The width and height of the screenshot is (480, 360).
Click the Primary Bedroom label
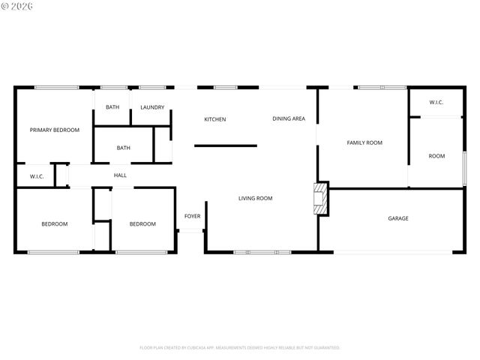pyautogui.click(x=54, y=130)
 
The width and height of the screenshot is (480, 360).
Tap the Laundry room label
pyautogui.click(x=152, y=107)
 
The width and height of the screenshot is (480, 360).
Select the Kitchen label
pyautogui.click(x=215, y=119)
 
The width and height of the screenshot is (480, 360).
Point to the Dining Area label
pyautogui.click(x=288, y=118)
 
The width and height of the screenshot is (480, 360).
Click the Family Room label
pyautogui.click(x=364, y=142)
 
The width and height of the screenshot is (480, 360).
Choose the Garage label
pyautogui.click(x=397, y=218)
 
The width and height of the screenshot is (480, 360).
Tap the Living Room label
pyautogui.click(x=255, y=198)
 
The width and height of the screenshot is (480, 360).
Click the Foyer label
pyautogui.click(x=193, y=216)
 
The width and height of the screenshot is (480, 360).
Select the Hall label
pyautogui.click(x=120, y=175)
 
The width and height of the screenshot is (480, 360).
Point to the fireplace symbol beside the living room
pyautogui.click(x=322, y=199)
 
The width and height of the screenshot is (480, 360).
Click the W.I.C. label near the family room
pyautogui.click(x=436, y=102)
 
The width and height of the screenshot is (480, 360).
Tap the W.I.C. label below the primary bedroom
pyautogui.click(x=37, y=176)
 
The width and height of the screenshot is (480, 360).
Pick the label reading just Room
pyautogui.click(x=436, y=156)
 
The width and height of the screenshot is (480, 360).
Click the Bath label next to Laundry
pyautogui.click(x=112, y=107)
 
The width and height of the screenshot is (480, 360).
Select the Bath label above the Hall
pyautogui.click(x=123, y=148)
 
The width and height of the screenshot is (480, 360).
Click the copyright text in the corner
pyautogui.click(x=16, y=7)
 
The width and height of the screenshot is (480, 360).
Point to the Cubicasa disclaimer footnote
pyautogui.click(x=240, y=347)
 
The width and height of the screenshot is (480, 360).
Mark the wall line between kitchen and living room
pyautogui.click(x=226, y=145)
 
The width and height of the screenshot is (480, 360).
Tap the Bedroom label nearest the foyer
pyautogui.click(x=142, y=223)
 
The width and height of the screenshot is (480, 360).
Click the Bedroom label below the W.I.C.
pyautogui.click(x=54, y=223)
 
